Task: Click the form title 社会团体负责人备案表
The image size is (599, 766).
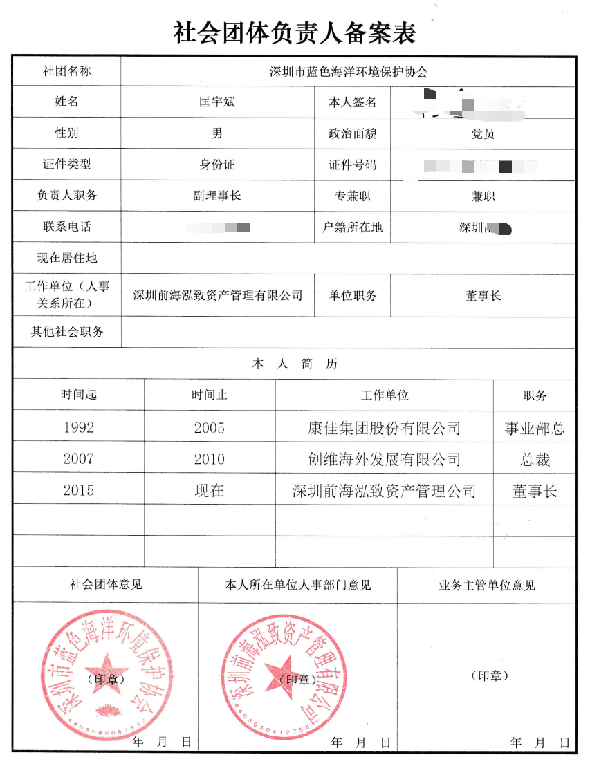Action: coord(295,32)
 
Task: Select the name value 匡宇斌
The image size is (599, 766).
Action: coord(217,102)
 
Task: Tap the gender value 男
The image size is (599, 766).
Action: coord(217,133)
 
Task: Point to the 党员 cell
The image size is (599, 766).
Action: coord(482,134)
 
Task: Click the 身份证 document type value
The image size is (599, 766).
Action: coord(217,165)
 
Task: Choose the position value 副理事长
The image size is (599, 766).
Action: coord(217,196)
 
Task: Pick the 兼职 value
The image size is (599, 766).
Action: coord(482,196)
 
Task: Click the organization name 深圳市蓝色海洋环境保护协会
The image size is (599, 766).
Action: coord(349,71)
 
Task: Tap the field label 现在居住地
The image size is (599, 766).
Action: coord(66,259)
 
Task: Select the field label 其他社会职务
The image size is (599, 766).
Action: coord(66,332)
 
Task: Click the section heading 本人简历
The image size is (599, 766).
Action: coord(295,364)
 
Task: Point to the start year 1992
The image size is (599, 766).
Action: coord(78,428)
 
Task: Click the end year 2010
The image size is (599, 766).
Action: coord(209,459)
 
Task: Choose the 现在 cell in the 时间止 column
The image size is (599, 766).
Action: coord(209,491)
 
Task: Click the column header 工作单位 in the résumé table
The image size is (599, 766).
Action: coord(385,395)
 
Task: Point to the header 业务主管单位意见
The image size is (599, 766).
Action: coord(486,586)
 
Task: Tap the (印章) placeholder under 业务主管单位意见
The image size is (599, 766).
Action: coord(489,675)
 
